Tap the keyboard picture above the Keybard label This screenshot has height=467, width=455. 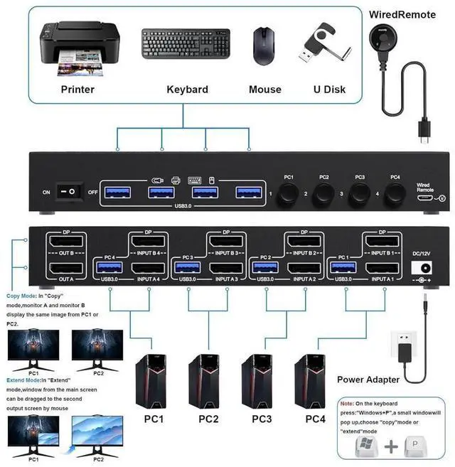click(x=187, y=47)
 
